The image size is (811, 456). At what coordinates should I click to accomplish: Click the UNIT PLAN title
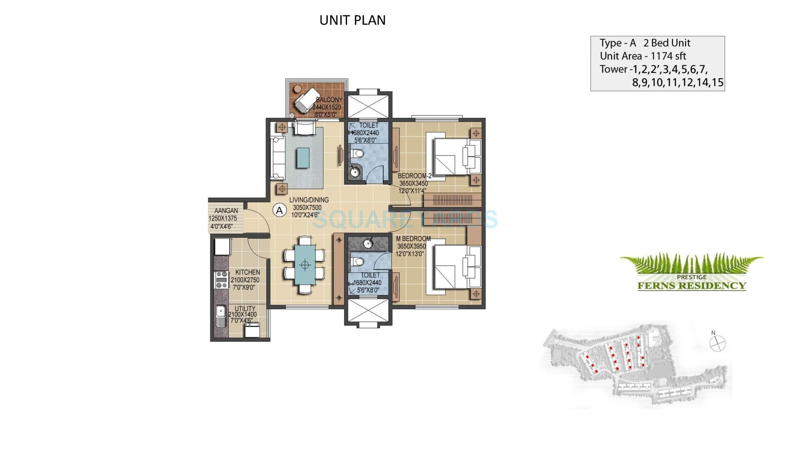[352, 20]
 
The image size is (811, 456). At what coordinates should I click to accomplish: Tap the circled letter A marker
[279, 210]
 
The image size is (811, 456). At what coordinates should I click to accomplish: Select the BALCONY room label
[329, 100]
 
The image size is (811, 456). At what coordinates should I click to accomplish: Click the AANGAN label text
[226, 211]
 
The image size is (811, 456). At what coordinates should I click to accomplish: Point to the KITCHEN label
[247, 272]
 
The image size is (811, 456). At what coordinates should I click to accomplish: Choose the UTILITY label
[245, 308]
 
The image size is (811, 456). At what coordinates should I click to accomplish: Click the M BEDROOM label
[413, 239]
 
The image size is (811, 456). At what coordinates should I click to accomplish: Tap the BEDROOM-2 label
[414, 176]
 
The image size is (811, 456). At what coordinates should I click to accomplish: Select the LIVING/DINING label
[309, 200]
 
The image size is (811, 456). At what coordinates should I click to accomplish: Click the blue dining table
[305, 265]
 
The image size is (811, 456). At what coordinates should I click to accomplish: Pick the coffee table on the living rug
[302, 158]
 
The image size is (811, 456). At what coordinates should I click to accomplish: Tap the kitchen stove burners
[221, 280]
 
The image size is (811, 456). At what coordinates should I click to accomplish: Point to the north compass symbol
[717, 344]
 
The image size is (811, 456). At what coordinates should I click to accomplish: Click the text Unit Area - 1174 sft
[643, 56]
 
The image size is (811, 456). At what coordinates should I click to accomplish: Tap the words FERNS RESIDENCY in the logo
[691, 286]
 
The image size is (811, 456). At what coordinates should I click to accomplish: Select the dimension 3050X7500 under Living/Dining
[307, 208]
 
